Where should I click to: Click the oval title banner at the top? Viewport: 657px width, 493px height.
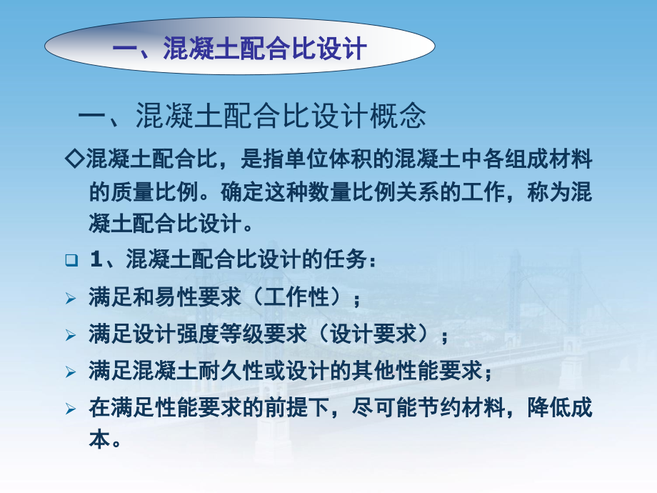pyautogui.click(x=240, y=46)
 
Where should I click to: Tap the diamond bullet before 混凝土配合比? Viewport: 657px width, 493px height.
pyautogui.click(x=75, y=159)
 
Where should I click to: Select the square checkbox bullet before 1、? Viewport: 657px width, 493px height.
pyautogui.click(x=71, y=260)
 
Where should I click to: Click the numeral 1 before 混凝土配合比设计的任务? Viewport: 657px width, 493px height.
pyautogui.click(x=96, y=259)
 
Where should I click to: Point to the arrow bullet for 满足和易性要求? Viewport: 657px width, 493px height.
pyautogui.click(x=71, y=299)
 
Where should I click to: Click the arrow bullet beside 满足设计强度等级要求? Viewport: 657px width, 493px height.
pyautogui.click(x=71, y=335)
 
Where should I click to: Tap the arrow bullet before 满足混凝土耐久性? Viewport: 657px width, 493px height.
pyautogui.click(x=71, y=372)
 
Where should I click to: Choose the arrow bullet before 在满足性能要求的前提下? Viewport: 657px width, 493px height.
pyautogui.click(x=71, y=409)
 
